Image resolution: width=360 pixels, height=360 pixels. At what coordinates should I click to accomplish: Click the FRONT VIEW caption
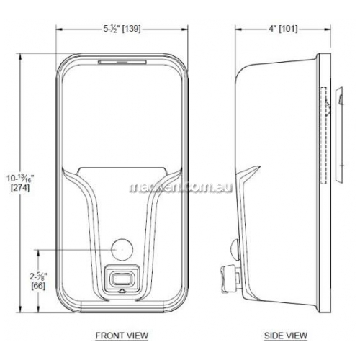click(x=122, y=336)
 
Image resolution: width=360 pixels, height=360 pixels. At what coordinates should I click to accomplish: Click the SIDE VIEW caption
click(x=286, y=336)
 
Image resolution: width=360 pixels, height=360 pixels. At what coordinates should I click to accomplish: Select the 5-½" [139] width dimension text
click(x=122, y=30)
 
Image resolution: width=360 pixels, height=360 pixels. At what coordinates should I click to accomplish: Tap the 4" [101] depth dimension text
click(x=283, y=30)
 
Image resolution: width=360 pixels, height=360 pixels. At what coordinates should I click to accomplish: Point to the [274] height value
click(x=20, y=187)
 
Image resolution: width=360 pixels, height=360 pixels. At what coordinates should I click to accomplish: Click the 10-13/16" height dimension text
click(x=20, y=179)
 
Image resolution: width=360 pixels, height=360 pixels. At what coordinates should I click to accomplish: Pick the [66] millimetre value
click(x=38, y=286)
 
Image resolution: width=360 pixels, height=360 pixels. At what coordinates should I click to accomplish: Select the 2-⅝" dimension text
click(x=38, y=276)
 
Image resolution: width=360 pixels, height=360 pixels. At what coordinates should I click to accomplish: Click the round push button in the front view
click(x=122, y=250)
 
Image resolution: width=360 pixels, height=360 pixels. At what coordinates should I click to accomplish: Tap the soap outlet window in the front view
click(x=122, y=279)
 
